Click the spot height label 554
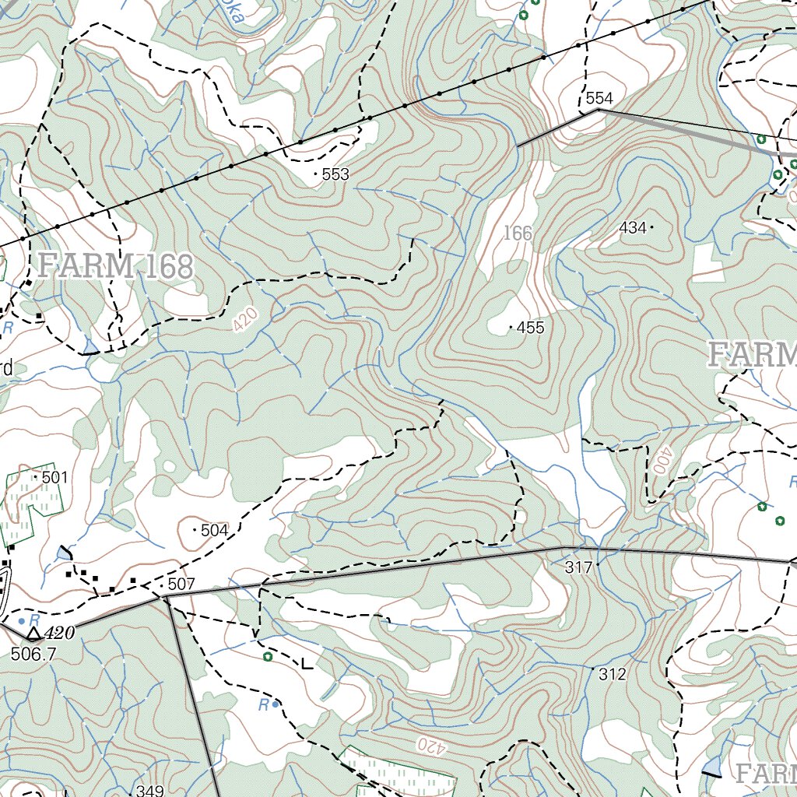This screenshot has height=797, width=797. pyautogui.click(x=599, y=98)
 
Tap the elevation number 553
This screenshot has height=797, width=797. pyautogui.click(x=335, y=174)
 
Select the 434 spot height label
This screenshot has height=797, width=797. pyautogui.click(x=633, y=227)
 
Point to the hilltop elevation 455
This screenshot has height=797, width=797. pyautogui.click(x=530, y=328)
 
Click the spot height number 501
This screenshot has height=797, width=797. pyautogui.click(x=54, y=476)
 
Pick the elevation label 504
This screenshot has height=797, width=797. pyautogui.click(x=214, y=530)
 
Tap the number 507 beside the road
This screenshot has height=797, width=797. pyautogui.click(x=181, y=584)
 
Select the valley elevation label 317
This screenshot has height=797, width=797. pyautogui.click(x=578, y=568)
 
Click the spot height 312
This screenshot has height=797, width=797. pyautogui.click(x=613, y=675)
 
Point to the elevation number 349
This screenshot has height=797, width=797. pyautogui.click(x=149, y=791)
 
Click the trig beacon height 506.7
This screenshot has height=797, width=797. pyautogui.click(x=33, y=654)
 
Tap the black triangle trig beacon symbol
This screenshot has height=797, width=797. pyautogui.click(x=33, y=634)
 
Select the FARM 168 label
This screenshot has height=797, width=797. pyautogui.click(x=115, y=265)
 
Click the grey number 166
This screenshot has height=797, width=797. pyautogui.click(x=517, y=233)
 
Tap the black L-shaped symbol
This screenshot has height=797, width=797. pyautogui.click(x=307, y=664)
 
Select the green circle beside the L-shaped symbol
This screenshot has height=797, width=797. pyautogui.click(x=268, y=657)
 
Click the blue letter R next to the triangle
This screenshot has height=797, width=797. pyautogui.click(x=33, y=618)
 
